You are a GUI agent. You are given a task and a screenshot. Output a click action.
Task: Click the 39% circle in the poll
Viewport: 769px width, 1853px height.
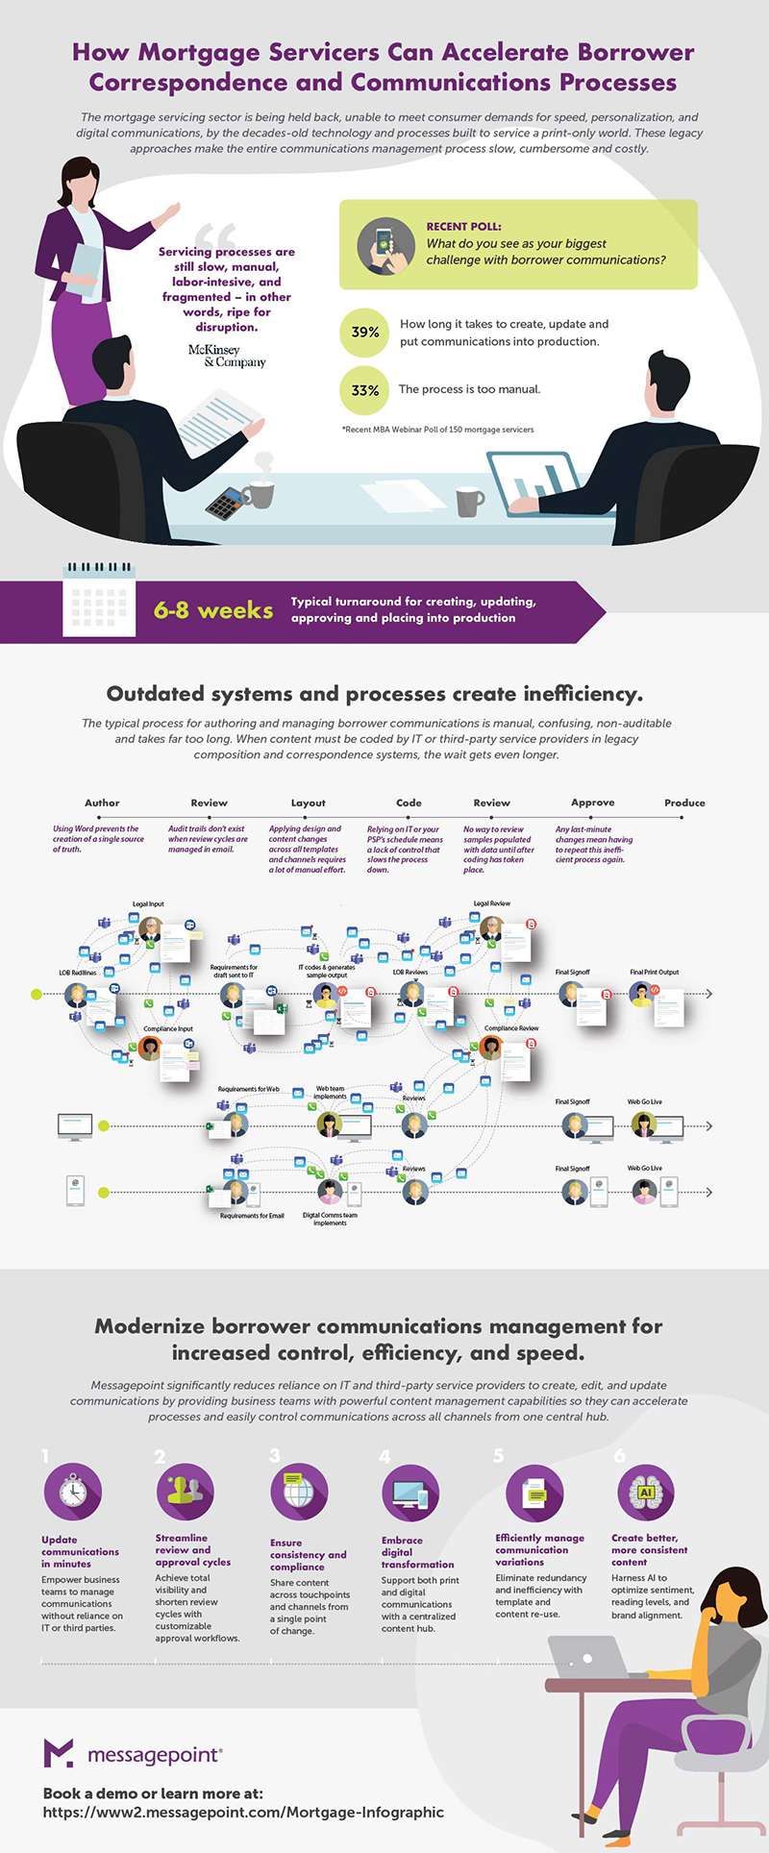click(x=365, y=333)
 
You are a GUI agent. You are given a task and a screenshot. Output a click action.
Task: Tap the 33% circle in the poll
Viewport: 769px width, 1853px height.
click(x=365, y=390)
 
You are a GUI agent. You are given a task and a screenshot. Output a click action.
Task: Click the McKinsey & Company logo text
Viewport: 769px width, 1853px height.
click(x=228, y=356)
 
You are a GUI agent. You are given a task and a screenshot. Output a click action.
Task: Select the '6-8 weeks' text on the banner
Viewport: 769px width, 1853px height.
click(x=213, y=610)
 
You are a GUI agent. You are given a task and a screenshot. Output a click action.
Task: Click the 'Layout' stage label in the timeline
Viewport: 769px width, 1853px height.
click(x=309, y=803)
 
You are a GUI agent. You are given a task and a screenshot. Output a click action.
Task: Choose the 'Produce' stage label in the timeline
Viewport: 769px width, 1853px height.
click(x=684, y=803)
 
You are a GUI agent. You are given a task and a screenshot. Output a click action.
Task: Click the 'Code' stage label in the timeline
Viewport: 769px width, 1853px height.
click(x=409, y=803)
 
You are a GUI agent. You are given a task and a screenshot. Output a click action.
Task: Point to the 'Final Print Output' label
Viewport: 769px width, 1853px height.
click(x=654, y=972)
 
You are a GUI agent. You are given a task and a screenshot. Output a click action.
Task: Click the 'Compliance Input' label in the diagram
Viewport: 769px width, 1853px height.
click(x=168, y=1028)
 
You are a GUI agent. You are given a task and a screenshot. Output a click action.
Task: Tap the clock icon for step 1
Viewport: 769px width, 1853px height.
click(x=73, y=1492)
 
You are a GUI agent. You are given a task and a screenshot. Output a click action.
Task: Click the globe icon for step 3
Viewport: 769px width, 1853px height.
click(x=299, y=1493)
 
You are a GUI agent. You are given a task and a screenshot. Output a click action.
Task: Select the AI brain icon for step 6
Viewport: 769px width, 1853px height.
click(x=645, y=1492)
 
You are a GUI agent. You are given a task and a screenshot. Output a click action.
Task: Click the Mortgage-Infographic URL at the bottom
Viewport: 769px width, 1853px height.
click(x=243, y=1812)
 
